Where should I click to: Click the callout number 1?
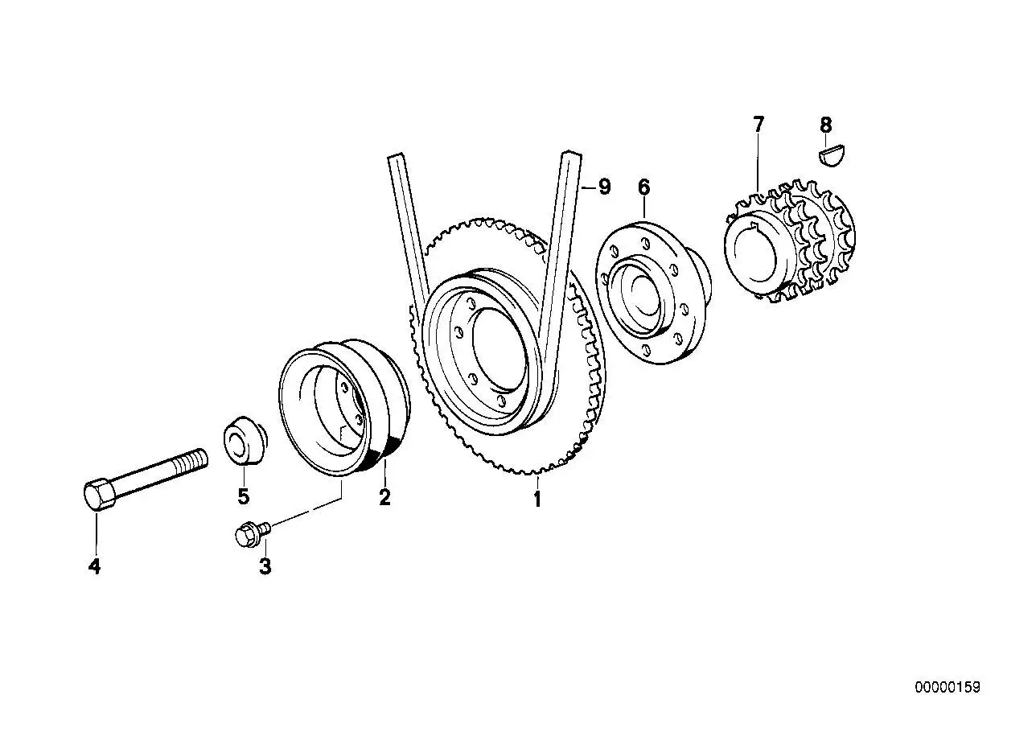pos(537,499)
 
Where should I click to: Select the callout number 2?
pos(384,497)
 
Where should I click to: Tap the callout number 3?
pos(265,566)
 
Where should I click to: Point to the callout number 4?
pos(94,566)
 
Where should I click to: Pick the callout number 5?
pos(243,496)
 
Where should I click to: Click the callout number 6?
pos(643,187)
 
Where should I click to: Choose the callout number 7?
pos(758,125)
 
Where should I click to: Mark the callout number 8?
pos(825,125)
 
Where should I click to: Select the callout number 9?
pos(605,187)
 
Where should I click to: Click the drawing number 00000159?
pos(948,687)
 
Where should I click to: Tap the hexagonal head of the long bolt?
pos(98,495)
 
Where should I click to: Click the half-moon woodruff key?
pos(832,155)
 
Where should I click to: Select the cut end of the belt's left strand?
pos(397,156)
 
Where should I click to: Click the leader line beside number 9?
pos(588,187)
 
